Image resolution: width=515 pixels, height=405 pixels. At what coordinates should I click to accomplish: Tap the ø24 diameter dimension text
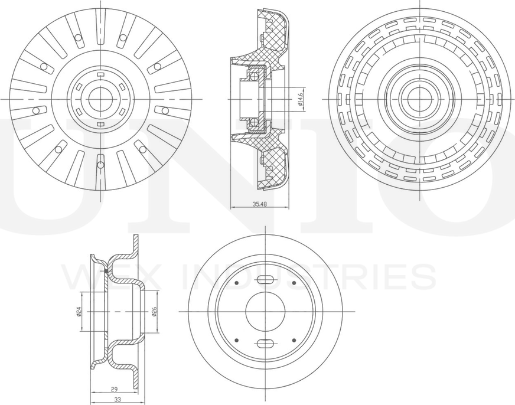[x=79, y=311]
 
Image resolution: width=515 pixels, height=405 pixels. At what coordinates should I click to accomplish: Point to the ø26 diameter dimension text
[x=154, y=311]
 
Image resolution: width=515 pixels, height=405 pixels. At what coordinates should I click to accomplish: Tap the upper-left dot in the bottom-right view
[x=236, y=283]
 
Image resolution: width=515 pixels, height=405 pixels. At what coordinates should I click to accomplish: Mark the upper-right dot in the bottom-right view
[x=294, y=283]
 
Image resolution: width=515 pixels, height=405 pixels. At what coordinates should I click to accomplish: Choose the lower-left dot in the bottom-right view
[x=236, y=339]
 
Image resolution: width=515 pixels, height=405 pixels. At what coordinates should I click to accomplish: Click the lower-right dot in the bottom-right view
[x=294, y=339]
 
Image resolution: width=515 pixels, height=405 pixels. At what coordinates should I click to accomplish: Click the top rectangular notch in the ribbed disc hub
[x=100, y=74]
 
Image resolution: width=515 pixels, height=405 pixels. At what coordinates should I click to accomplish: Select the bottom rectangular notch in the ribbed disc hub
[x=100, y=123]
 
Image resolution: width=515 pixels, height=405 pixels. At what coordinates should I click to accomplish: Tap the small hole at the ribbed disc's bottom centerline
[x=100, y=158]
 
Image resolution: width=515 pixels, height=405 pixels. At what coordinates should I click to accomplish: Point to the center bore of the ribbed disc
[x=100, y=99]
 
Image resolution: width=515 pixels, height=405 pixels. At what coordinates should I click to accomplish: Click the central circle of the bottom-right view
[x=265, y=311]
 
